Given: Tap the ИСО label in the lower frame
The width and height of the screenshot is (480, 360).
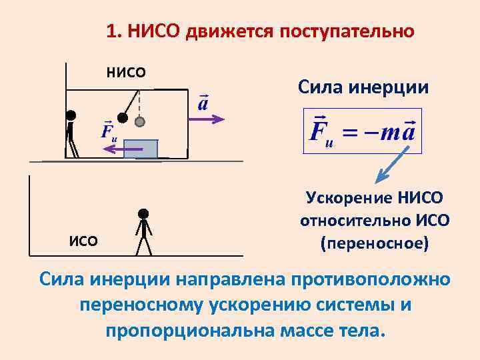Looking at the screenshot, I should [x=83, y=241].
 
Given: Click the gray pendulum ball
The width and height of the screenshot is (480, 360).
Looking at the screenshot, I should [x=140, y=122].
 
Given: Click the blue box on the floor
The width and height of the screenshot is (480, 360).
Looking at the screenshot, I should [x=141, y=149].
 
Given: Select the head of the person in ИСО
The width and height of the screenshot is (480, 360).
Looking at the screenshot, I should [x=143, y=215].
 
